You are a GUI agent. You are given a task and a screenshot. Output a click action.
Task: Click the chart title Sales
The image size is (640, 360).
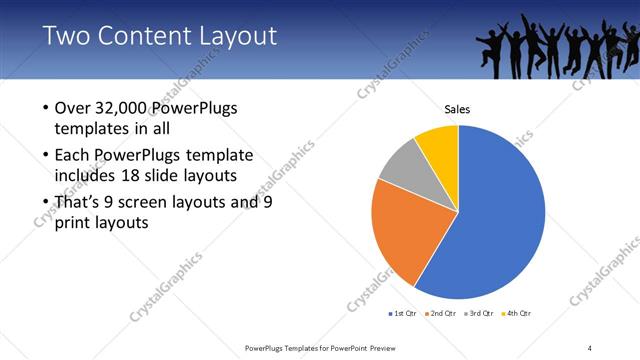click(x=458, y=109)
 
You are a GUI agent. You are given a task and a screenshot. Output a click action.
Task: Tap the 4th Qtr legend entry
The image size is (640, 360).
click(x=516, y=314)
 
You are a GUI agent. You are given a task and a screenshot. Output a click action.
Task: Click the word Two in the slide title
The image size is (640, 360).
click(x=64, y=37)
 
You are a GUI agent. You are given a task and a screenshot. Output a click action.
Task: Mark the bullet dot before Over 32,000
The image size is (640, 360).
click(x=45, y=108)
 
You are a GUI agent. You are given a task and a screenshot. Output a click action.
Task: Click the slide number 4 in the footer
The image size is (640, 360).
click(x=590, y=347)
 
